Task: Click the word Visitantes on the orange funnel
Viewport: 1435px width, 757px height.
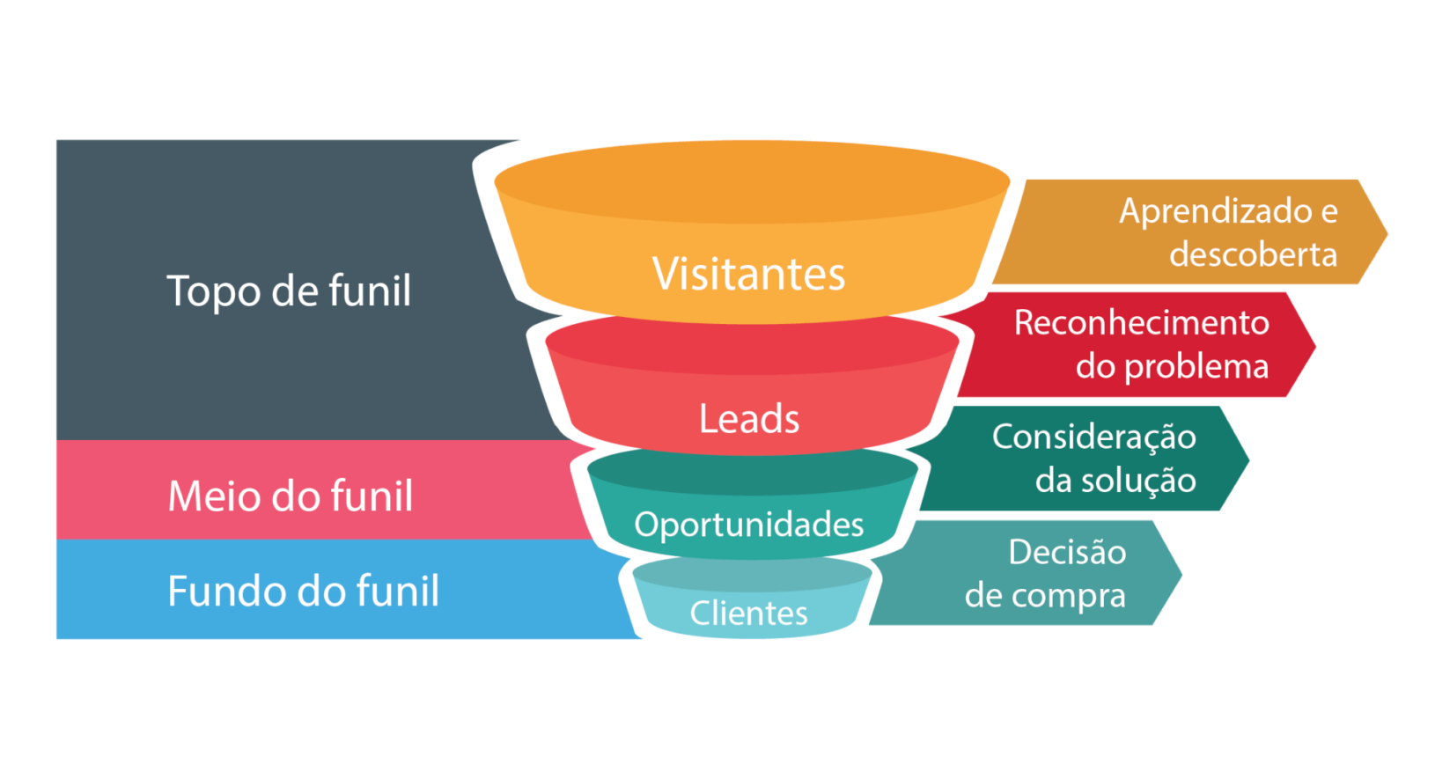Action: point(748,274)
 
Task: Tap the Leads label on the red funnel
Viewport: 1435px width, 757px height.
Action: point(749,419)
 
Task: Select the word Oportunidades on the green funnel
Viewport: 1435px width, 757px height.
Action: point(749,525)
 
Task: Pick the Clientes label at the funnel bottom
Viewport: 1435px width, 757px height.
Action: point(748,613)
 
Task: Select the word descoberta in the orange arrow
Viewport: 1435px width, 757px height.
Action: point(1254,254)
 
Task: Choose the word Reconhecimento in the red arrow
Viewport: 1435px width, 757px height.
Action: point(1142,322)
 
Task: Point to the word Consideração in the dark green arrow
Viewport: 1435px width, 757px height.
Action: point(1094,438)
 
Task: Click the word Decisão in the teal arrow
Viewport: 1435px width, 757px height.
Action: point(1067,552)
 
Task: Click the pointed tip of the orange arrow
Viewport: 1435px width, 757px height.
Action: point(1387,232)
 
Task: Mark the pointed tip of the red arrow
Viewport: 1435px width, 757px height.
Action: point(1315,345)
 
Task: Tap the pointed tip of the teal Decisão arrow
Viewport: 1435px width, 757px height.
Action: point(1181,573)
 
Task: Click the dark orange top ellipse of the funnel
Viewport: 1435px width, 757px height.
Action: point(752,182)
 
